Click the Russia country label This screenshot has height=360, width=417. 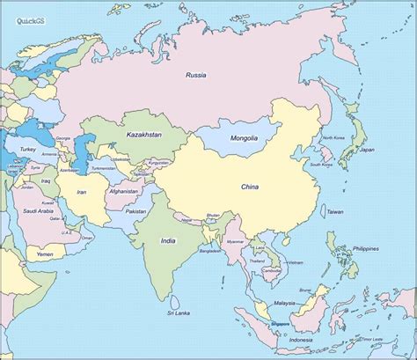pos(195,76)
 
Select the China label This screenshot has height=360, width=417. pos(251,186)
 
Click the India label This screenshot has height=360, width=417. pos(168,239)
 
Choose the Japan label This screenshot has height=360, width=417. pos(366,150)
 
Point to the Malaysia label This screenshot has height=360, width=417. pos(285,302)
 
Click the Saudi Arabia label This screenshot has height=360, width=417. pos(40,211)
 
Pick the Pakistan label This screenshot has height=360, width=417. pos(135,211)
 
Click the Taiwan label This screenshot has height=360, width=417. pos(335,212)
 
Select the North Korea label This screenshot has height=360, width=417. pos(333,138)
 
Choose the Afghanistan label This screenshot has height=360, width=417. pos(123,191)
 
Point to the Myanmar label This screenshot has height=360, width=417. pos(235,240)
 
